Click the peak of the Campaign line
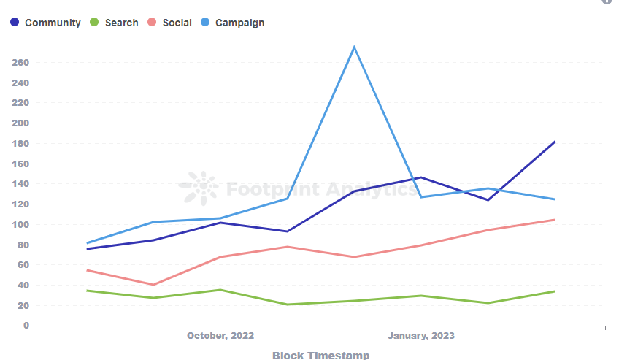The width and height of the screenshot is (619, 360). click(354, 47)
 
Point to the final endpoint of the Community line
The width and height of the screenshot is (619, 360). click(555, 142)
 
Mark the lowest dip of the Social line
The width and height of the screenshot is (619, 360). click(153, 285)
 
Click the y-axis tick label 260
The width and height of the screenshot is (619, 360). click(20, 63)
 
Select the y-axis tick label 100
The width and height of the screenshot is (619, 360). click(20, 225)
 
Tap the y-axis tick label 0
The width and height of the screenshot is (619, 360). click(26, 326)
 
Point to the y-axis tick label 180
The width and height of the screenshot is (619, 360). click(20, 144)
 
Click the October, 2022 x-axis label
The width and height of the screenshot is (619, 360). click(220, 336)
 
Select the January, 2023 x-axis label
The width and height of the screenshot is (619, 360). click(421, 336)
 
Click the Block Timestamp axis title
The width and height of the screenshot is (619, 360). click(320, 355)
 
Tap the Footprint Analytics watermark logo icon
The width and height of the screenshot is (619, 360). click(199, 188)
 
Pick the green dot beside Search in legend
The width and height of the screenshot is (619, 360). click(94, 23)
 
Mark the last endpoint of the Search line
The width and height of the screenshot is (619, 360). click(555, 291)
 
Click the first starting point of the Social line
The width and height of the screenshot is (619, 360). click(87, 270)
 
